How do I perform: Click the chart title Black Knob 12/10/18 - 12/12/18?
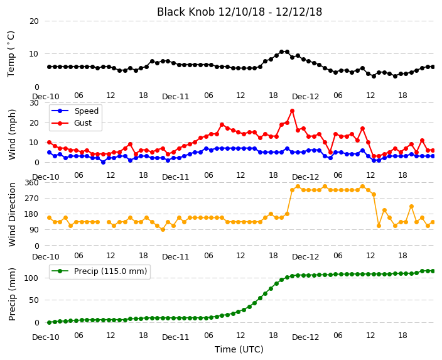coord(239,12)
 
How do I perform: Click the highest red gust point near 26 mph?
coord(292,111)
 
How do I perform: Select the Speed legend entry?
coord(75,111)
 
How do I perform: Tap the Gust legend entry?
coord(72,123)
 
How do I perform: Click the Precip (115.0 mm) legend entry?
coord(99,271)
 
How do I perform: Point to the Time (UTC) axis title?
coord(239,349)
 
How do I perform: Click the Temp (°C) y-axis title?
coord(11,54)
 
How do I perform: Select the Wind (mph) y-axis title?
coord(11,134)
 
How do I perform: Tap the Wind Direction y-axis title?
coord(11,214)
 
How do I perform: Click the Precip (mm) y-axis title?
coord(11,294)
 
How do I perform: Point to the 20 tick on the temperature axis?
coord(34,21)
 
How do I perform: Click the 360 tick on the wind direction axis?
coord(31,183)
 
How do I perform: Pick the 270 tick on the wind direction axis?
coord(31,199)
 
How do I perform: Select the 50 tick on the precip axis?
coord(34,300)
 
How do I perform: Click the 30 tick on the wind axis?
coord(34,102)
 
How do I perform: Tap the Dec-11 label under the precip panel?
coord(175,337)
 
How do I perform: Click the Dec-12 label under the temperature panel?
coord(305,97)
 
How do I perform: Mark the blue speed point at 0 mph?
coord(103,162)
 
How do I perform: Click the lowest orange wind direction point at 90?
coord(163,230)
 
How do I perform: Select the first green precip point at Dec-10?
coord(50,322)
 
